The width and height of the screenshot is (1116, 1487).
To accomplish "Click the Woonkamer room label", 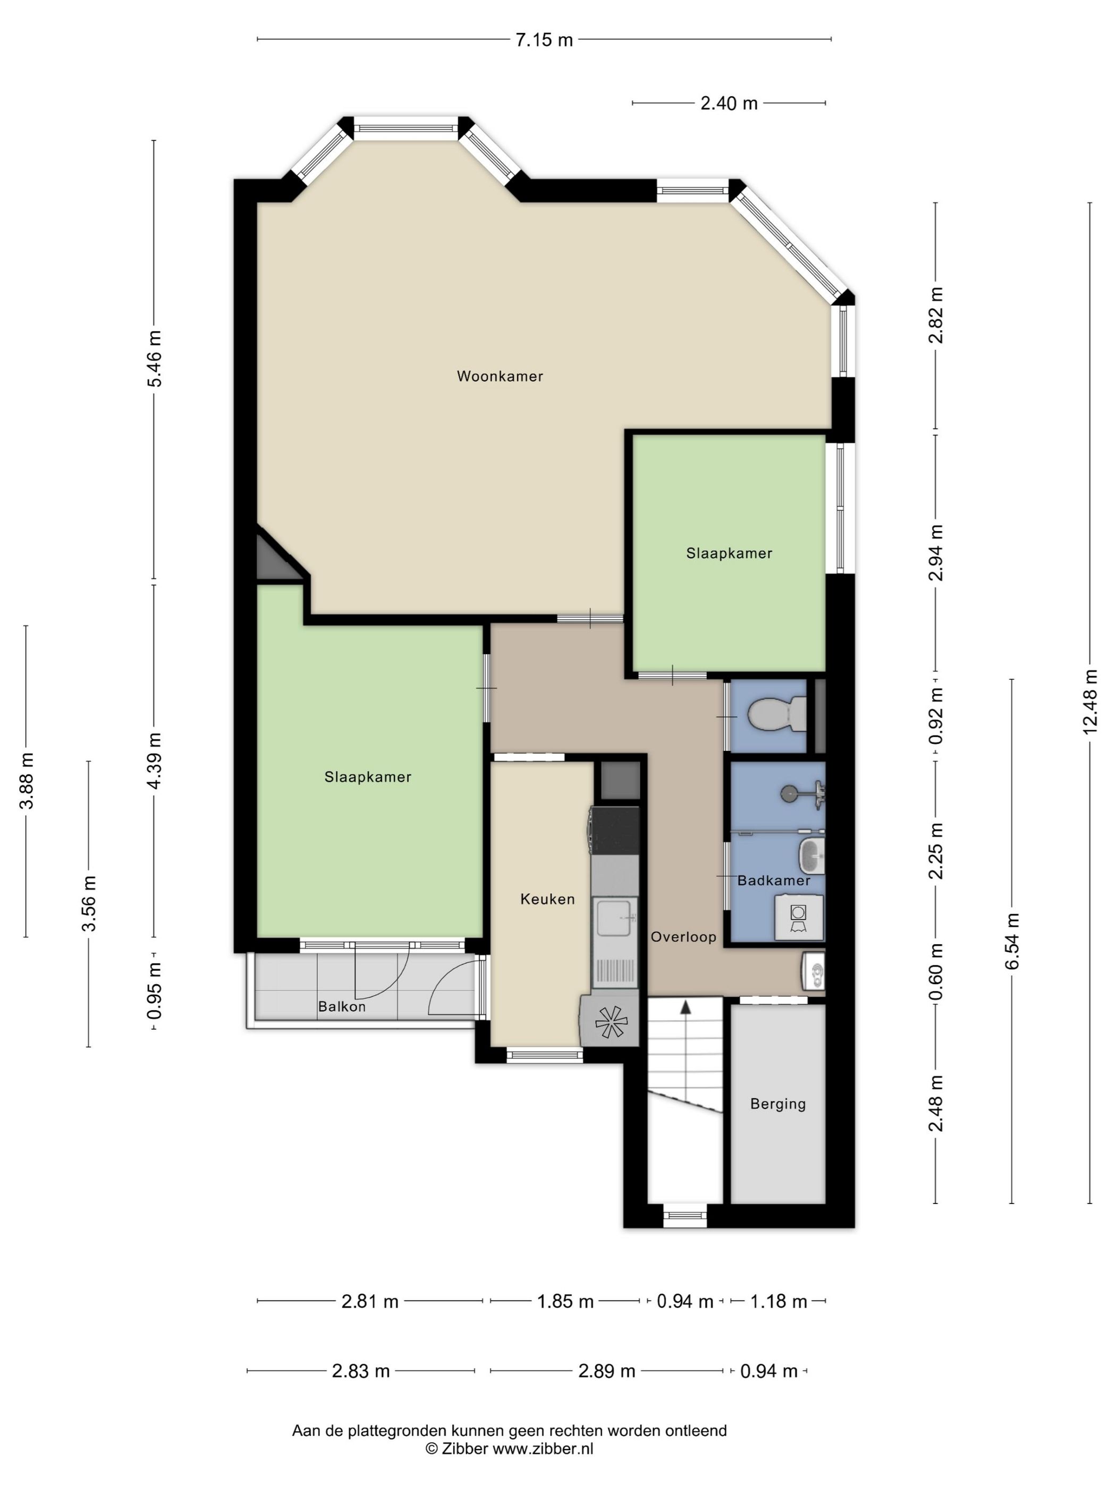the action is [500, 377].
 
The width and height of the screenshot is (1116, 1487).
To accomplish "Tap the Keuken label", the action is [547, 900].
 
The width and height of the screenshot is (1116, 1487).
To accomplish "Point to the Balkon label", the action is [342, 1006].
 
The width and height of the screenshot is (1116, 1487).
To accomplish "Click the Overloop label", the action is [683, 937].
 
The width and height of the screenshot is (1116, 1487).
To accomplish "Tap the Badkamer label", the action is [774, 881].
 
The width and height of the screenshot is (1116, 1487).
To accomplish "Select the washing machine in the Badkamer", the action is [799, 917].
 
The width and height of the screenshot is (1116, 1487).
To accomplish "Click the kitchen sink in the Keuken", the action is [614, 916].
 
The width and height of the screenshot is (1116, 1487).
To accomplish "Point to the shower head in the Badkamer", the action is [789, 794].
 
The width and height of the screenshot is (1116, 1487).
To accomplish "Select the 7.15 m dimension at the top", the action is [544, 40].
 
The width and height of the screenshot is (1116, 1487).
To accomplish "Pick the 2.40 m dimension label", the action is [729, 104].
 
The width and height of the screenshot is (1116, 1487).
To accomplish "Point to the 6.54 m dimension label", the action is [1012, 941].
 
